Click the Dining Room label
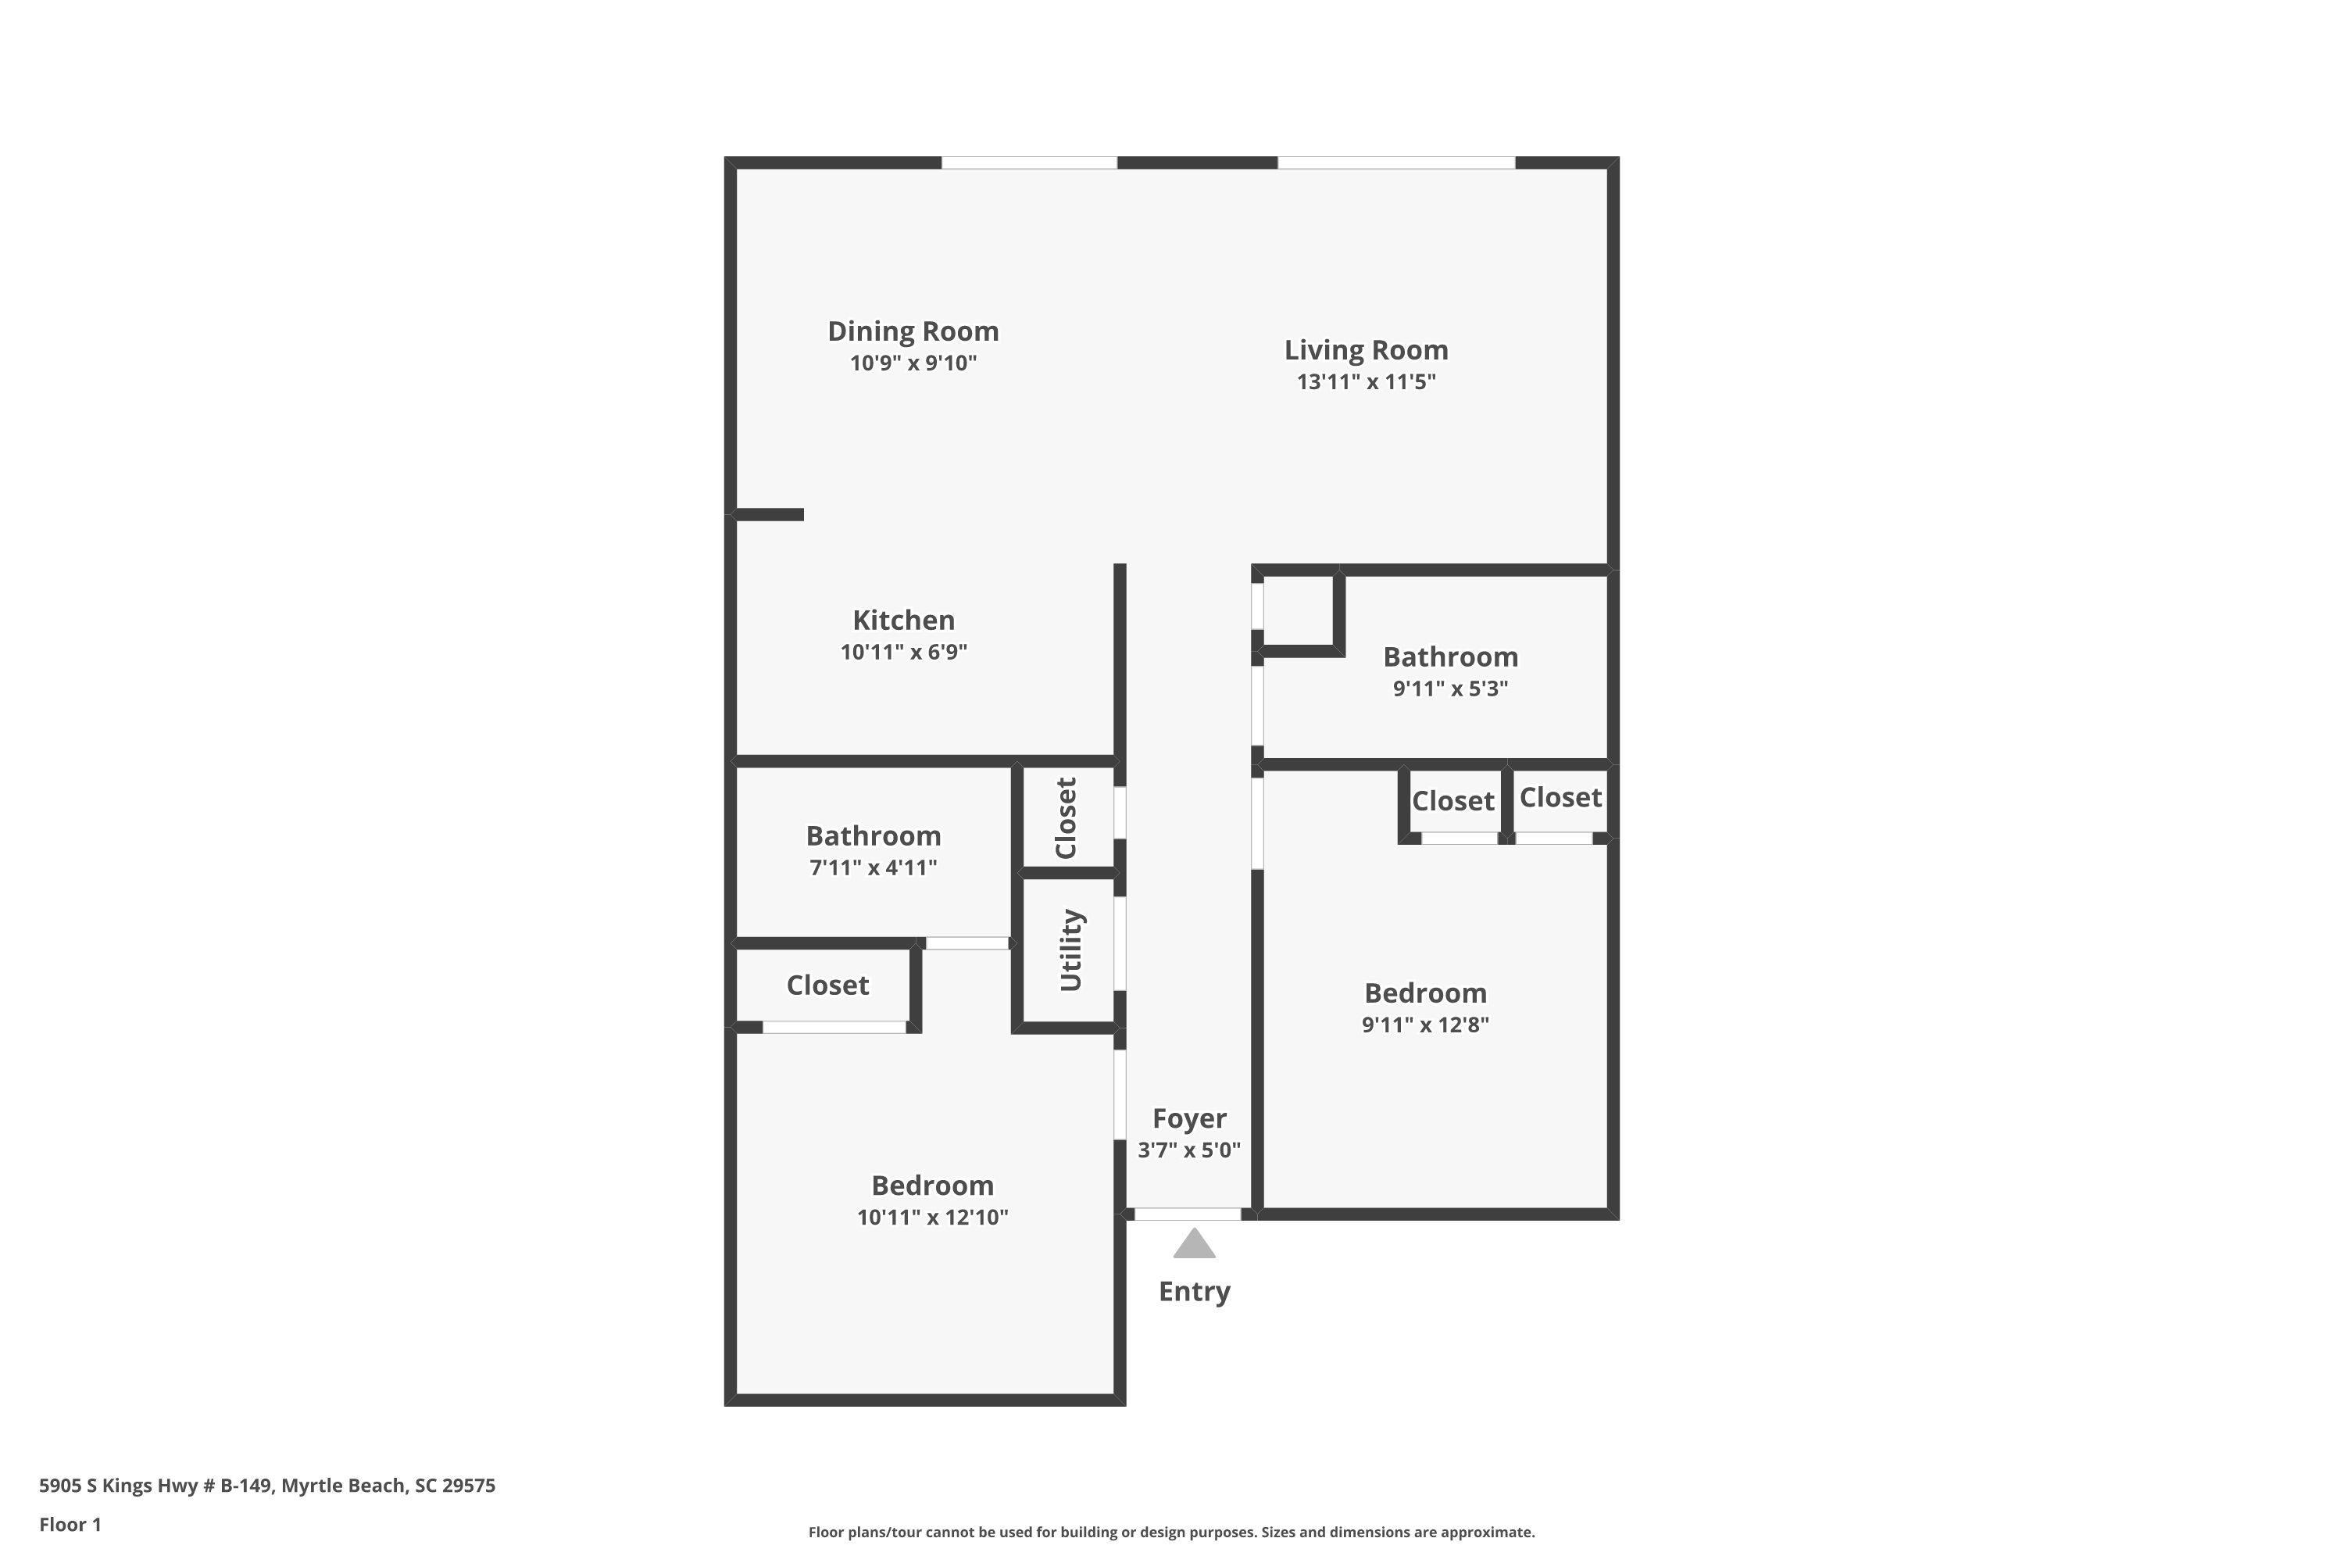[x=913, y=331]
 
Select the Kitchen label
[x=903, y=620]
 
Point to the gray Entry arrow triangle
[x=1194, y=1245]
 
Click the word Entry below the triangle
[x=1194, y=1291]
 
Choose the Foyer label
[x=1189, y=1118]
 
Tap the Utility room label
[x=1070, y=950]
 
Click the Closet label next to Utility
[x=1067, y=818]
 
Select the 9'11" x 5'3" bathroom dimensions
[x=1450, y=689]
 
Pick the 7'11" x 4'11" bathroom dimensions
[x=873, y=867]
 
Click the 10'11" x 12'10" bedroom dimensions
[x=932, y=1217]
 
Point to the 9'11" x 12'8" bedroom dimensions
[x=1425, y=1025]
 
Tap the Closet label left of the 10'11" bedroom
[x=827, y=985]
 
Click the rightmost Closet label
[x=1560, y=797]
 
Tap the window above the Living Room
[x=1395, y=163]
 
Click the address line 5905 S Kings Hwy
[x=267, y=1486]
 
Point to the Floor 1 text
[x=70, y=1524]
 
